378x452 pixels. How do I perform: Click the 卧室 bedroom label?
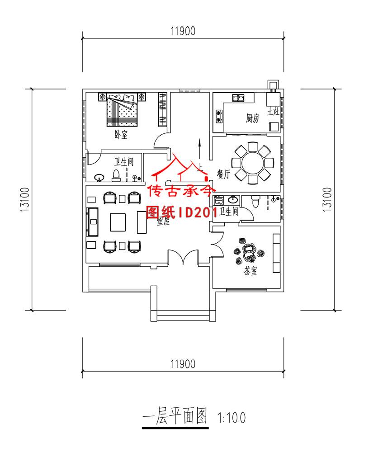[x=121, y=134]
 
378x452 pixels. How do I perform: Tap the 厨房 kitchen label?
[x=252, y=118]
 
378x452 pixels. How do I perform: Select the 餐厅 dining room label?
[x=223, y=174]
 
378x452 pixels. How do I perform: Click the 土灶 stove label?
[x=273, y=111]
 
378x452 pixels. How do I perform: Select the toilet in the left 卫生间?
[x=115, y=174]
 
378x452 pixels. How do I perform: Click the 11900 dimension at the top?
[x=183, y=31]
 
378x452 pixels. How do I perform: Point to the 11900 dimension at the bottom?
[x=183, y=363]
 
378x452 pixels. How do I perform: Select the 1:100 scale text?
[x=232, y=417]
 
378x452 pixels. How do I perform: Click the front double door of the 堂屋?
[x=189, y=258]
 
